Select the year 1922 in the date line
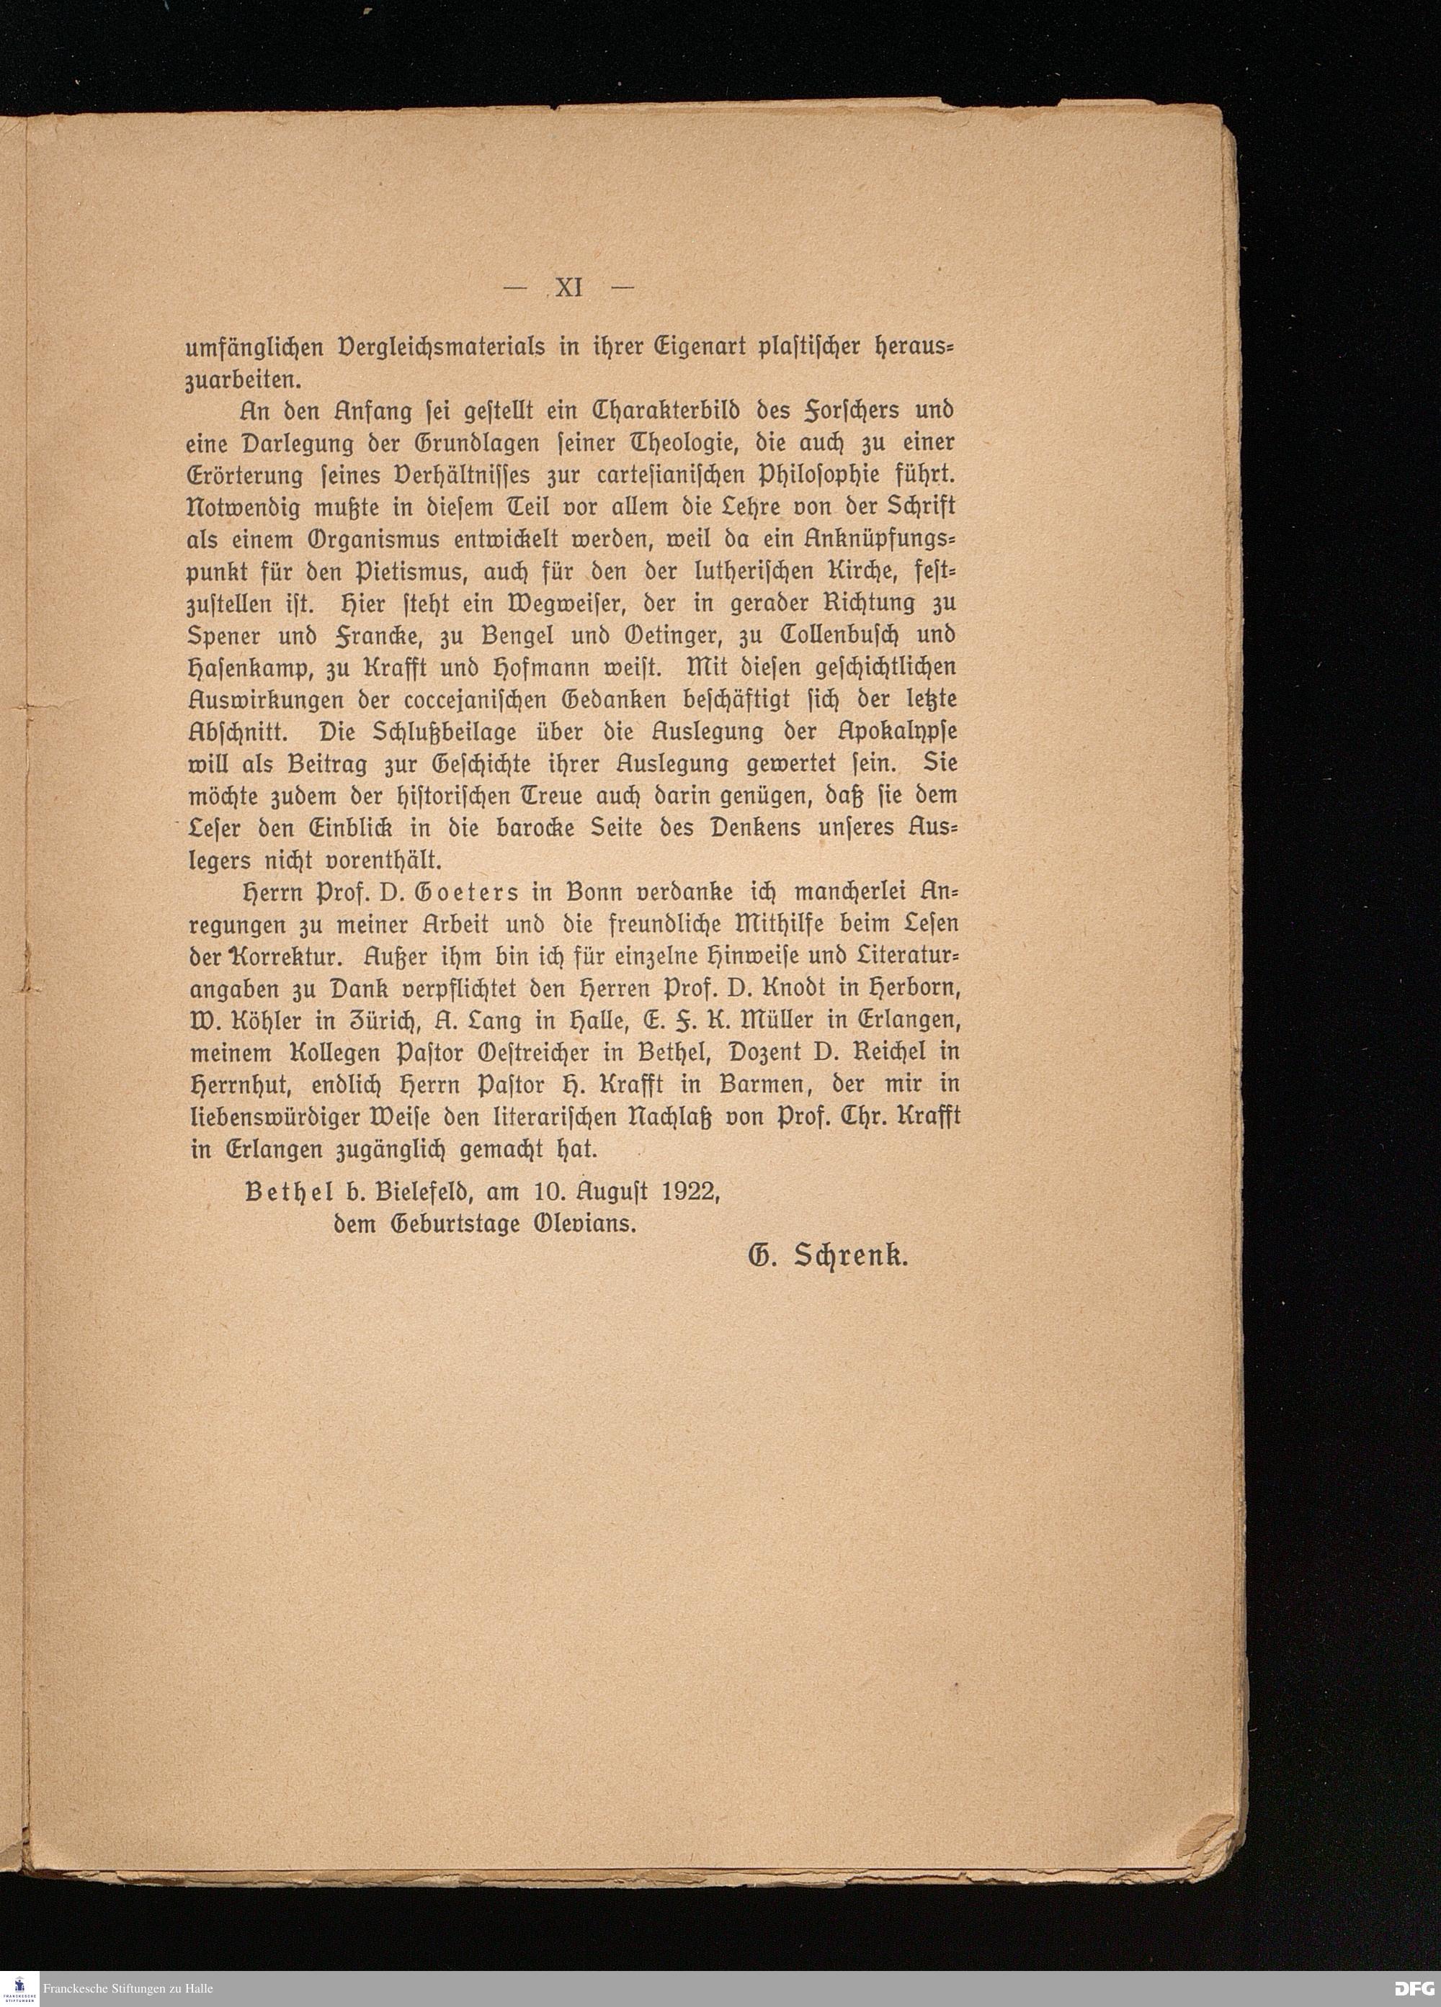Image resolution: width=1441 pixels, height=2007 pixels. (690, 1192)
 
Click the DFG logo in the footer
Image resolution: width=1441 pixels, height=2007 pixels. (1414, 1988)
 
